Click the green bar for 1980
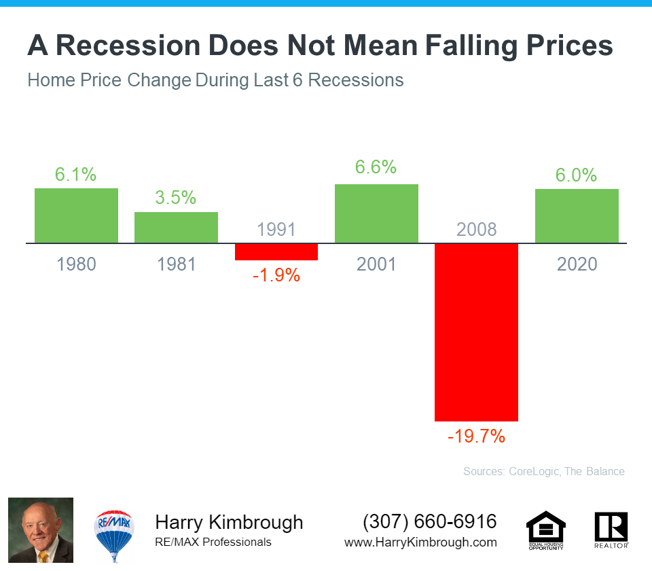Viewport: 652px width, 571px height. click(76, 215)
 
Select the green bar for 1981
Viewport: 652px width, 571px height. click(176, 227)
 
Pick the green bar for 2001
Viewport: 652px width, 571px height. click(376, 213)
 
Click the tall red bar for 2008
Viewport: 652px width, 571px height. click(476, 332)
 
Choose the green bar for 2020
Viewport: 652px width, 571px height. click(577, 215)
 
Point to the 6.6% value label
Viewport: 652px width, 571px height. click(376, 167)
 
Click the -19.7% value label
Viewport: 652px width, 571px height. click(476, 436)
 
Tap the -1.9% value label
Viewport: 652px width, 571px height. click(276, 276)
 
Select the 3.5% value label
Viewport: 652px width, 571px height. click(176, 198)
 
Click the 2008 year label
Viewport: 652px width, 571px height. click(476, 229)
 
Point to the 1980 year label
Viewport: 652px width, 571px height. click(76, 264)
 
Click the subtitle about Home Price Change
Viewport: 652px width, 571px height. click(215, 80)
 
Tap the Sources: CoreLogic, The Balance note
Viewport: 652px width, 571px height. click(543, 471)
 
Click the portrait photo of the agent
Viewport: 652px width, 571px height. click(41, 530)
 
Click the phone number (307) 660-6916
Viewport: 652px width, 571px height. click(430, 522)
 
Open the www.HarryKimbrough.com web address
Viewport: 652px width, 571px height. click(420, 542)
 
